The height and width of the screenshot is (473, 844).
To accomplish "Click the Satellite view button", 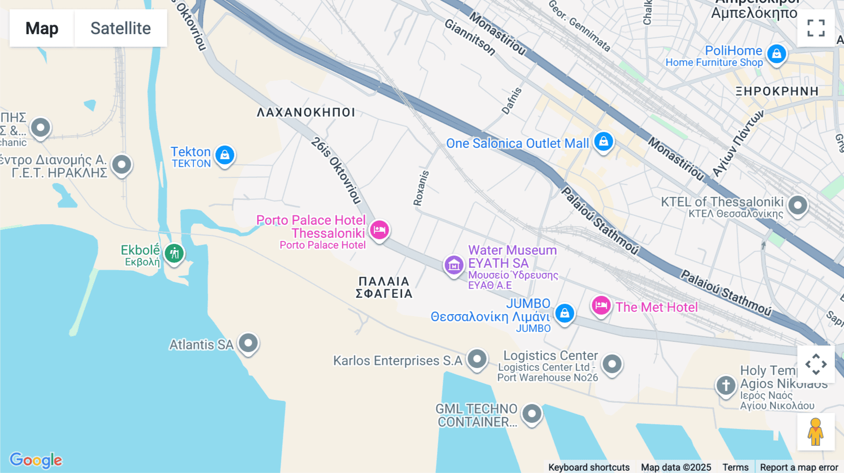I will pyautogui.click(x=121, y=28).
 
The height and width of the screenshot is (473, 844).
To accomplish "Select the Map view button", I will pyautogui.click(x=42, y=28).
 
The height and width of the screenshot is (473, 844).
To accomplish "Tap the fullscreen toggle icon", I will pyautogui.click(x=816, y=28).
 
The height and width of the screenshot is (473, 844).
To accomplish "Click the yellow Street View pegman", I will pyautogui.click(x=816, y=432).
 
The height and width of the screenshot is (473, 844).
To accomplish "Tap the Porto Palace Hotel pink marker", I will pyautogui.click(x=379, y=230).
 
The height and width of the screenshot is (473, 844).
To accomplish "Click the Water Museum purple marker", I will pyautogui.click(x=454, y=265).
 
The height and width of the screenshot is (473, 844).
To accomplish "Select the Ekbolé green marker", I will pyautogui.click(x=174, y=253).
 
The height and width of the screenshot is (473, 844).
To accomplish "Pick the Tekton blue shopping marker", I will pyautogui.click(x=225, y=155).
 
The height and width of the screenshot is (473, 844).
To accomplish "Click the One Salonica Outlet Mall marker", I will pyautogui.click(x=603, y=141).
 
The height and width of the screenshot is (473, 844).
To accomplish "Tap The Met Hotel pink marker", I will pyautogui.click(x=601, y=306).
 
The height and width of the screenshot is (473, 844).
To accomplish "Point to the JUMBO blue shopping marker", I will pyautogui.click(x=565, y=313).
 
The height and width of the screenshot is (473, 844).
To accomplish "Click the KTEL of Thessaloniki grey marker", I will pyautogui.click(x=798, y=205).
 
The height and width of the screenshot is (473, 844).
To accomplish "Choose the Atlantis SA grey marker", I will pyautogui.click(x=248, y=343).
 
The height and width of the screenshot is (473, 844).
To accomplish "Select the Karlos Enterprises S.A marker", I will pyautogui.click(x=477, y=359).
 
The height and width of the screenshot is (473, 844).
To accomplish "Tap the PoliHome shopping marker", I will pyautogui.click(x=776, y=53).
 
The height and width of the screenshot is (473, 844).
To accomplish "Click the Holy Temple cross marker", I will pyautogui.click(x=726, y=385).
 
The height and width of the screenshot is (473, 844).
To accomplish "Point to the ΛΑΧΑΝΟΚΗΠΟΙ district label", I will pyautogui.click(x=306, y=112).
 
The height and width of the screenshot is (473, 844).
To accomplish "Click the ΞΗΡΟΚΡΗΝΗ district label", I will pyautogui.click(x=777, y=91).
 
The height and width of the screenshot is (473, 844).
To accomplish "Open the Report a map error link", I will pyautogui.click(x=799, y=467).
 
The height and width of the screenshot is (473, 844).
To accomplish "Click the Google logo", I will pyautogui.click(x=36, y=460).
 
